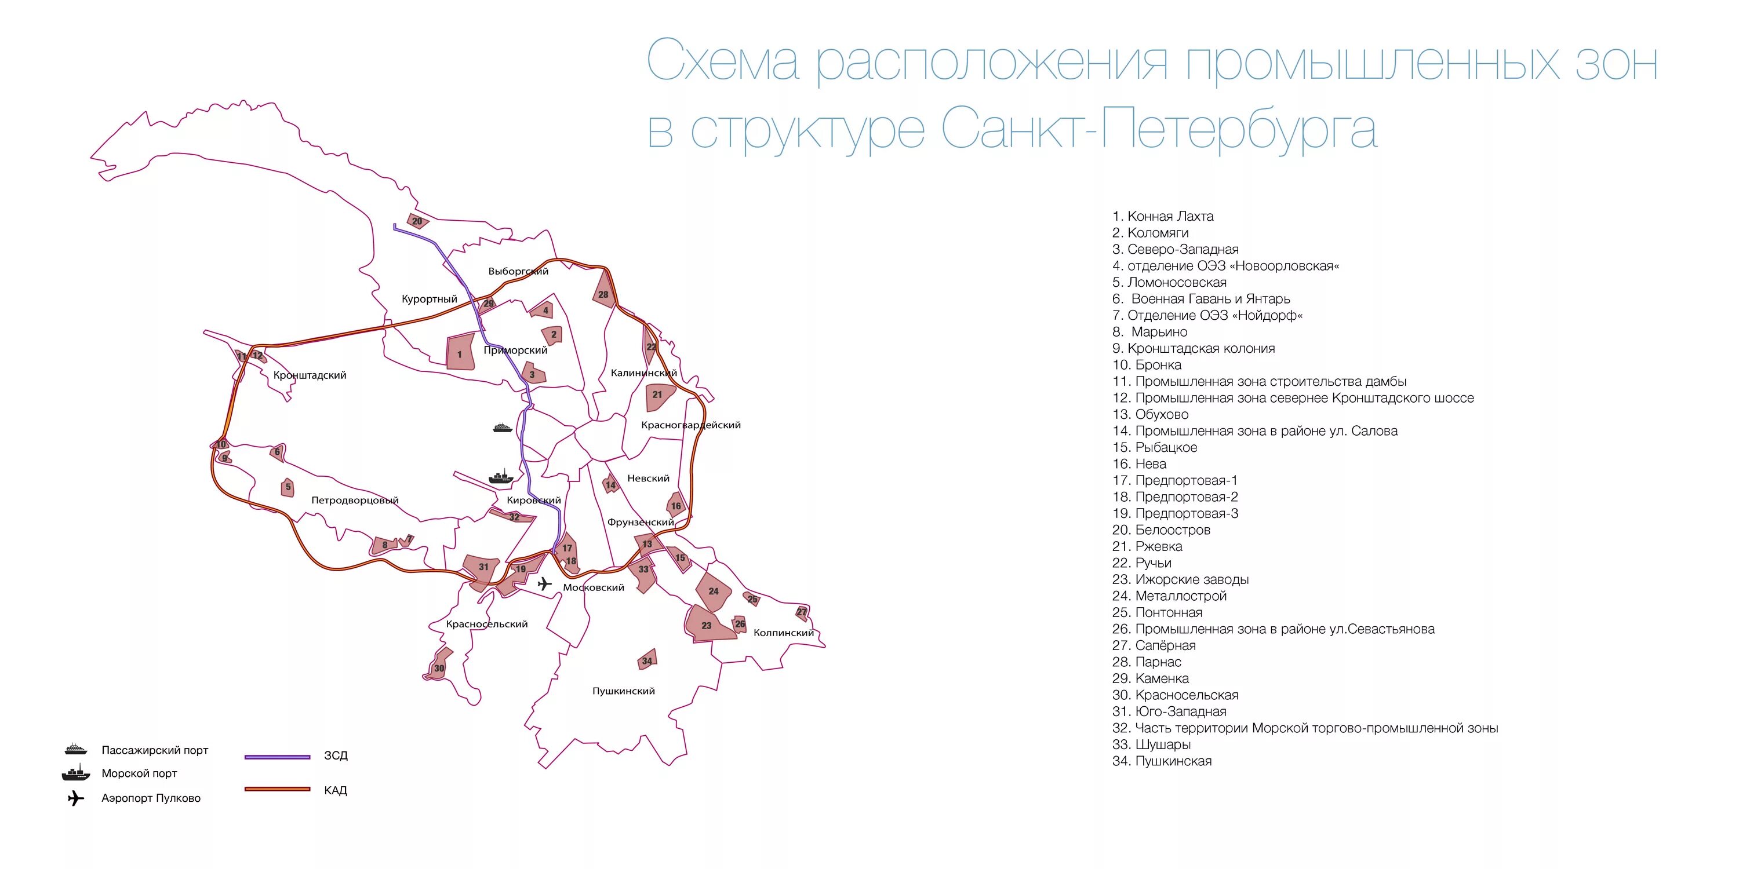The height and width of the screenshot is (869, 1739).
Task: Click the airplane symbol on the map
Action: pyautogui.click(x=544, y=583)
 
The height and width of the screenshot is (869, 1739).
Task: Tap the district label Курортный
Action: pyautogui.click(x=430, y=299)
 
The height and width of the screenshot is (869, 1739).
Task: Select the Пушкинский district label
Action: pyautogui.click(x=623, y=691)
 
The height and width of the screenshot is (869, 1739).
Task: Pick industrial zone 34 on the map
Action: pyautogui.click(x=647, y=660)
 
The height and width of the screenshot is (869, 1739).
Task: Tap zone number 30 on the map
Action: pyautogui.click(x=439, y=667)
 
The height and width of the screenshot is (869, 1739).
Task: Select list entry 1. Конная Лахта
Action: pyautogui.click(x=1162, y=216)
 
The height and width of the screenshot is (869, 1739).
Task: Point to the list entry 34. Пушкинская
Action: pyautogui.click(x=1162, y=761)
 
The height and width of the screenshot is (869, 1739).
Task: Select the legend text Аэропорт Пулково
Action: pyautogui.click(x=151, y=798)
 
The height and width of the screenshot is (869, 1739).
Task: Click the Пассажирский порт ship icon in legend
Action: pyautogui.click(x=75, y=750)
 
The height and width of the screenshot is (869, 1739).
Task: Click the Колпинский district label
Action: pyautogui.click(x=783, y=633)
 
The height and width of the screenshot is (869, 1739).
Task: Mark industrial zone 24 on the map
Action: pyautogui.click(x=713, y=591)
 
